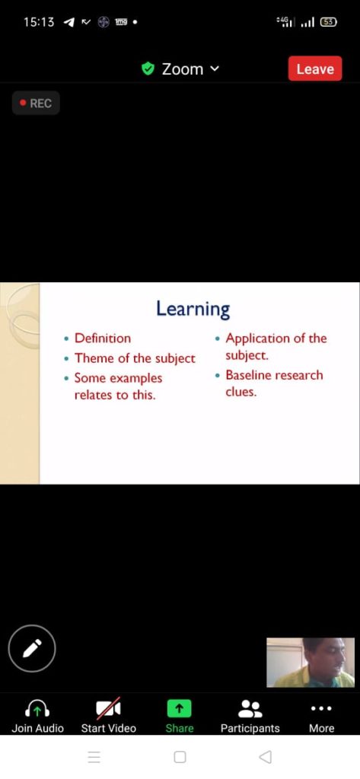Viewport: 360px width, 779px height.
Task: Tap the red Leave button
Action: coord(315,68)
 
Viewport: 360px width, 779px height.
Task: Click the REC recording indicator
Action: coord(36,103)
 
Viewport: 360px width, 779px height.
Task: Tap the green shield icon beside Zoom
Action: coord(148,68)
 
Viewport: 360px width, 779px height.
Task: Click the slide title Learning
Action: coord(193,309)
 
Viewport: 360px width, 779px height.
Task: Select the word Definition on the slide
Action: coord(103,339)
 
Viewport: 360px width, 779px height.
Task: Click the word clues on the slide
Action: coord(241,392)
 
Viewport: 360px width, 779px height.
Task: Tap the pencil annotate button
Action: coord(32,648)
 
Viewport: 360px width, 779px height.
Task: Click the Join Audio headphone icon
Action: coord(37,708)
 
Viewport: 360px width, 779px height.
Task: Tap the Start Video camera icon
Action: coord(108,708)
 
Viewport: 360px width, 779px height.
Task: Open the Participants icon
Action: coord(250,708)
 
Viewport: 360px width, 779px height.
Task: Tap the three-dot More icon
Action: coord(321,708)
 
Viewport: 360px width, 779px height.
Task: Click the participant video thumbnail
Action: coord(311,663)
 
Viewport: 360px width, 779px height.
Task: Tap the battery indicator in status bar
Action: coord(329,22)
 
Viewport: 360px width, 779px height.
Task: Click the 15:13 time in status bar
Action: coord(39,22)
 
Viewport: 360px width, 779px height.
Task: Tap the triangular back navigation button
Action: coord(266,757)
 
